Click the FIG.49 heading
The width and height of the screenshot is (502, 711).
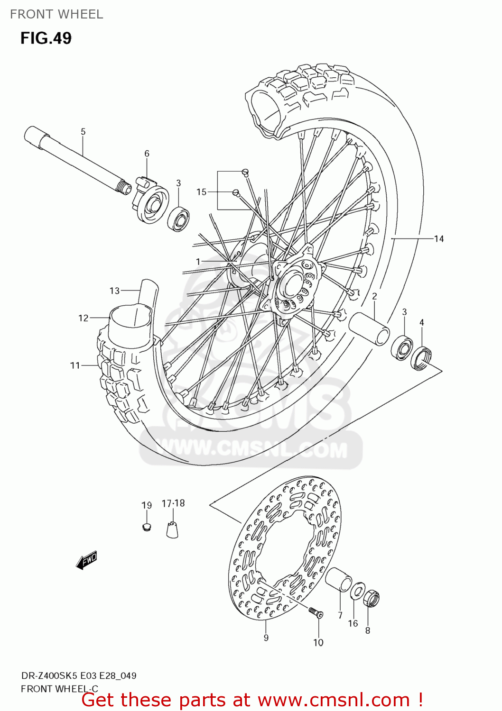46,38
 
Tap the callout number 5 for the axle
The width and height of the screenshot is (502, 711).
83,132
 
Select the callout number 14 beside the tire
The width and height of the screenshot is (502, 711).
439,239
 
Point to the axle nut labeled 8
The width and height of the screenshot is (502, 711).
371,598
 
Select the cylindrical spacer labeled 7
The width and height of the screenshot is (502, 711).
338,579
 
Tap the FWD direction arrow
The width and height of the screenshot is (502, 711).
86,560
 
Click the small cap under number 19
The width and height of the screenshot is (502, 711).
147,527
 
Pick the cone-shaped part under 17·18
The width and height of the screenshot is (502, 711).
172,529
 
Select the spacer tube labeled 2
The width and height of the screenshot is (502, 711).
370,328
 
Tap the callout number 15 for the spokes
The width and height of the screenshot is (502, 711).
201,192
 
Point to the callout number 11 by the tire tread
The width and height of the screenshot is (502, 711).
75,365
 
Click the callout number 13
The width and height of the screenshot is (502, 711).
114,291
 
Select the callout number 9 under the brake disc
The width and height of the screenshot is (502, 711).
266,638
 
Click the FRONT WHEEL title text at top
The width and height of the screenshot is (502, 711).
56,14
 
